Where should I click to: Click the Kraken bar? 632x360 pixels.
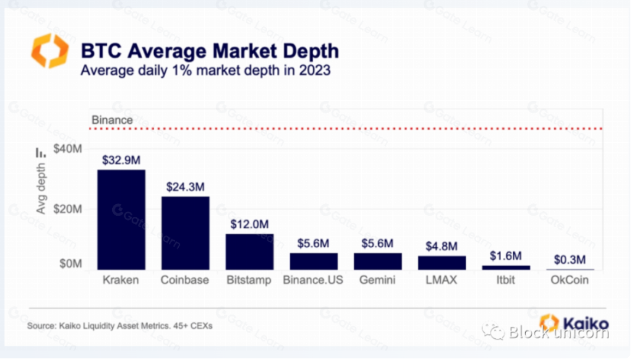click(x=121, y=219)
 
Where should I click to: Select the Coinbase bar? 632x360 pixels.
click(x=185, y=233)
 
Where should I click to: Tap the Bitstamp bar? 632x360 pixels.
click(x=250, y=252)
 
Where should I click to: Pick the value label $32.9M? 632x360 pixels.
click(x=121, y=160)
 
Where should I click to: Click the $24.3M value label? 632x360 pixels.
click(x=185, y=187)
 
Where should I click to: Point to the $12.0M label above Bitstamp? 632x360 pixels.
click(x=250, y=224)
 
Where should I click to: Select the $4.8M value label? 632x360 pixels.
click(x=442, y=246)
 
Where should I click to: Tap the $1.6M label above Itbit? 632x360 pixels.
click(x=506, y=255)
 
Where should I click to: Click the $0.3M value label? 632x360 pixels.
click(x=570, y=260)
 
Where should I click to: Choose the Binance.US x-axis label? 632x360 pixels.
click(x=313, y=280)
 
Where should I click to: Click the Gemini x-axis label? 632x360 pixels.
click(x=377, y=280)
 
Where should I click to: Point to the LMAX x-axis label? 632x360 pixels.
click(x=442, y=280)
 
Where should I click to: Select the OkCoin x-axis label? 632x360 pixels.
click(x=570, y=280)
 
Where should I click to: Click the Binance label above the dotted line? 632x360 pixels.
click(x=112, y=120)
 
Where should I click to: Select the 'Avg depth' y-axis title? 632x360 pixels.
click(x=41, y=188)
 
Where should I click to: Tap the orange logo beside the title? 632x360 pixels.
click(x=50, y=51)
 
